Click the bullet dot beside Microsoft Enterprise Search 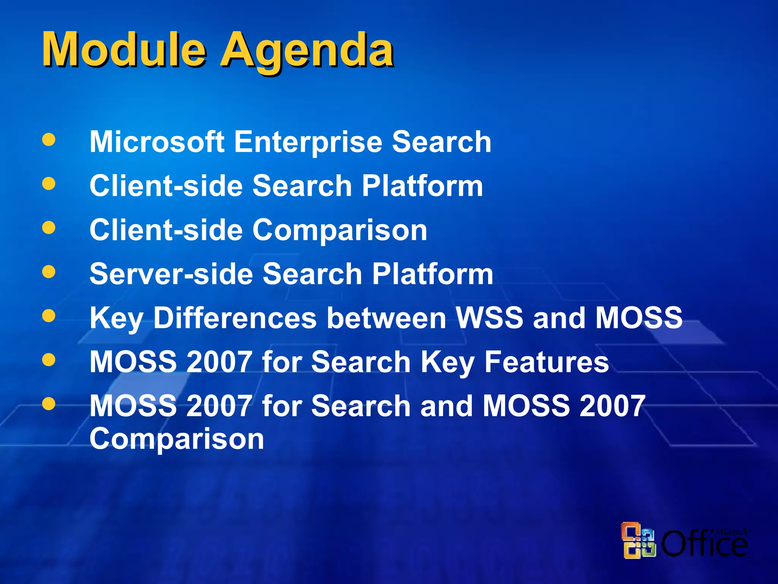[x=49, y=140]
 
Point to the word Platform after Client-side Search [x=422, y=186]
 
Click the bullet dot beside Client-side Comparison [x=49, y=228]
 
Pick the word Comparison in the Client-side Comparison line [x=340, y=231]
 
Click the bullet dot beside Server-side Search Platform [x=49, y=272]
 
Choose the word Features [x=547, y=362]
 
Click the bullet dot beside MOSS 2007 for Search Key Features [x=49, y=360]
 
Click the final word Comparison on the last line [x=177, y=440]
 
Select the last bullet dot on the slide [x=49, y=404]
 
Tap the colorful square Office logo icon [x=639, y=540]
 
